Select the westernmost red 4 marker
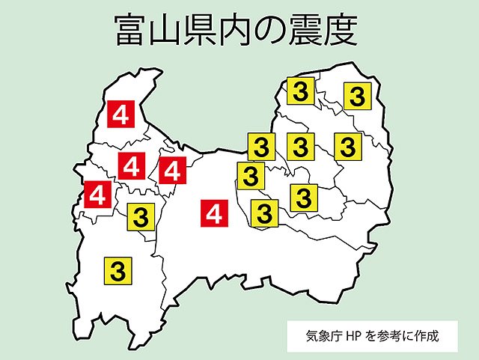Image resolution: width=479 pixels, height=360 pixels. (97, 196)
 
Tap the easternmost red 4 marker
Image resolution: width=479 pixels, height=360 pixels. (215, 215)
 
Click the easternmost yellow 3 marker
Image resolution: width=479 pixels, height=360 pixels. (358, 96)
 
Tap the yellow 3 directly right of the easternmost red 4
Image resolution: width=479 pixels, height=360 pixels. (263, 213)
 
